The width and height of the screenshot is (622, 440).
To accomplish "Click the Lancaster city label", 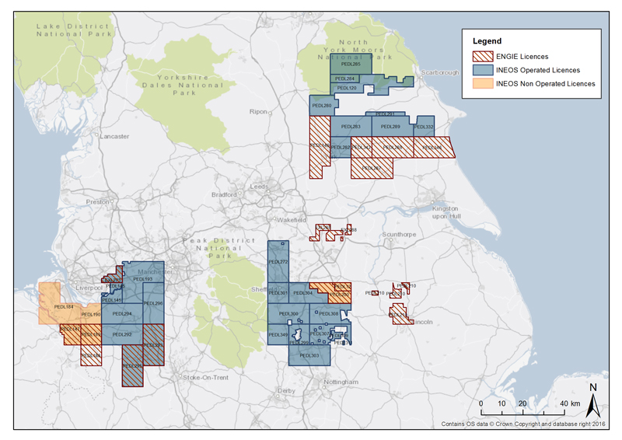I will [114, 136].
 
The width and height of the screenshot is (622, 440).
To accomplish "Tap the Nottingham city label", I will [342, 382].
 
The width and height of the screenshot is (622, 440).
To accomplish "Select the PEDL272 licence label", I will [278, 262].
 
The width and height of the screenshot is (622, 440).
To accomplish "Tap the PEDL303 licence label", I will [309, 355].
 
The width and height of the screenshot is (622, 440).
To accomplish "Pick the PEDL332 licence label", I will [424, 127].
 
